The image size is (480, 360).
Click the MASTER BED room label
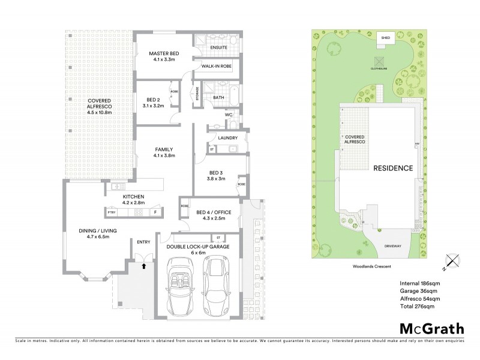161,54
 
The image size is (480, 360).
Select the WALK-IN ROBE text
217,66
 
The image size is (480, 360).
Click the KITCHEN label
133,197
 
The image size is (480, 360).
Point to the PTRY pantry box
111,212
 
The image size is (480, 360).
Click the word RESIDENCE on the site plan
393,168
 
